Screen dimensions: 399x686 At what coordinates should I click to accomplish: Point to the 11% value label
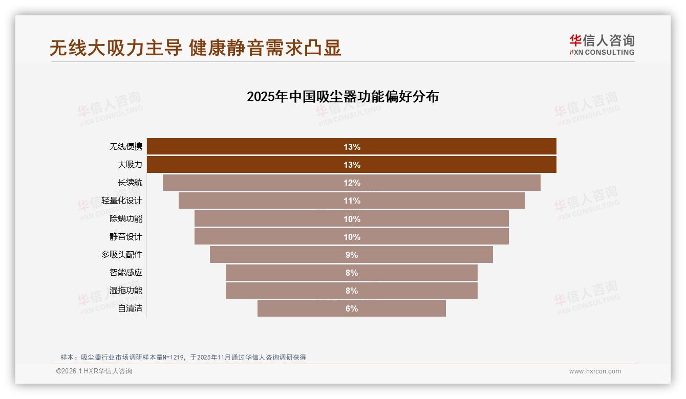pos(352,201)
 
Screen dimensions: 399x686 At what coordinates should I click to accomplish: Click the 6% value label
pos(352,308)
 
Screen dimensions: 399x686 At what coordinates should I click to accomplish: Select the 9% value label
pos(352,255)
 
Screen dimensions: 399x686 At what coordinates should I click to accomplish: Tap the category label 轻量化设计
pos(122,201)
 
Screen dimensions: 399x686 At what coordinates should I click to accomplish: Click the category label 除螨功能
pos(126,218)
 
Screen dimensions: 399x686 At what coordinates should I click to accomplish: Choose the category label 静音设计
pos(126,237)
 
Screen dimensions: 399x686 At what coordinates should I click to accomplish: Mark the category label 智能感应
pos(126,273)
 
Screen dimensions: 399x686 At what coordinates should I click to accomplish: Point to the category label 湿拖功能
pos(126,291)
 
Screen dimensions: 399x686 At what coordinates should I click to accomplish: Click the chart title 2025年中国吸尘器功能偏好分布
pos(342,97)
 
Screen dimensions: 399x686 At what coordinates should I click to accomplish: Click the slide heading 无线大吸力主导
pos(116,48)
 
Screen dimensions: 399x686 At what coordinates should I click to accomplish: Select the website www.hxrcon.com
pos(595,371)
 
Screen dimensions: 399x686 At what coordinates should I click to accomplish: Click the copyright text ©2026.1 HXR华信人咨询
pos(94,371)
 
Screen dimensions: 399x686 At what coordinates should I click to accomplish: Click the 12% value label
pos(352,183)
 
